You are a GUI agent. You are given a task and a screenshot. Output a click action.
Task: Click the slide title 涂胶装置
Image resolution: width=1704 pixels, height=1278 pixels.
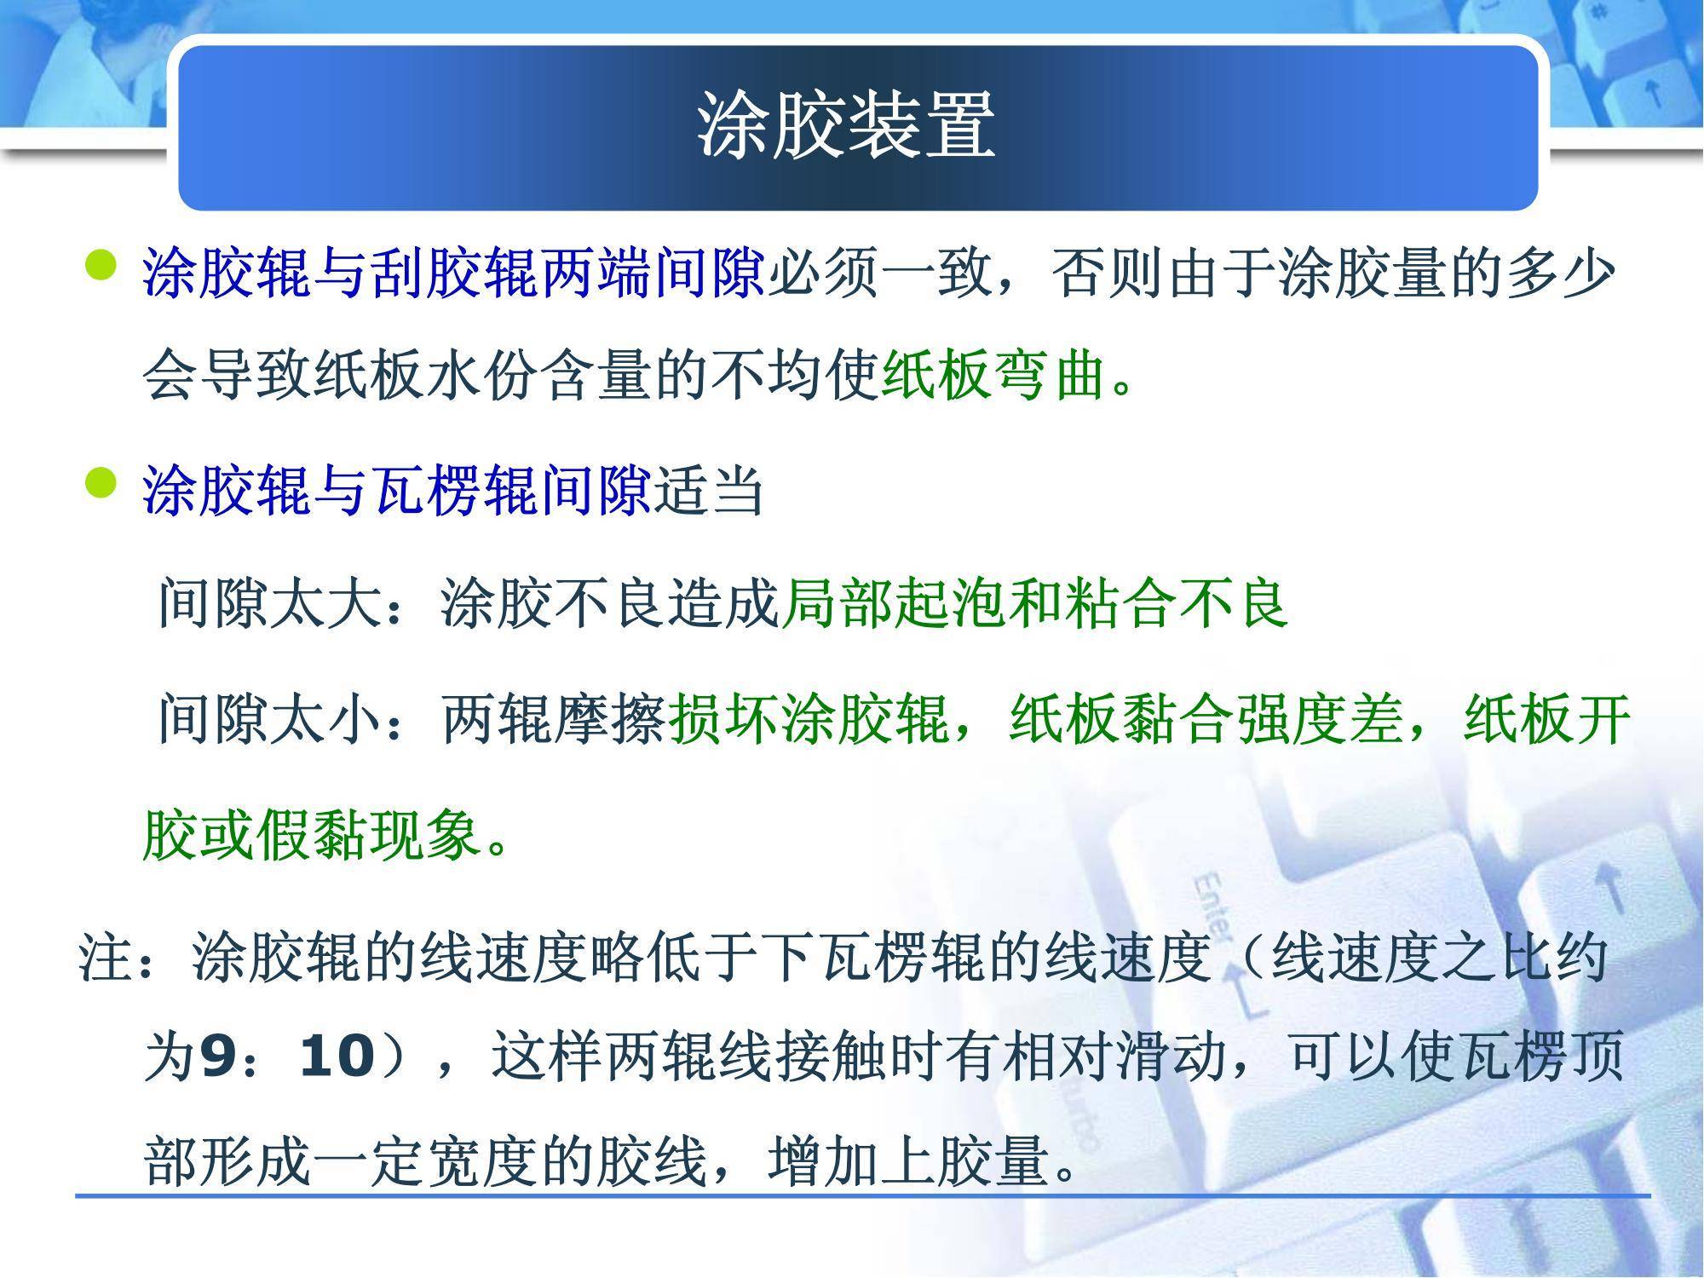pos(846,127)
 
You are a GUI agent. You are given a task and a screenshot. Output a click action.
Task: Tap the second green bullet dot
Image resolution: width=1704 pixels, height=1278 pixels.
pos(101,483)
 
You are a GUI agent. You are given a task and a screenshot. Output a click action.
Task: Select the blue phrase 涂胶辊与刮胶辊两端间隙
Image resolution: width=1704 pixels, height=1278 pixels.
pos(455,273)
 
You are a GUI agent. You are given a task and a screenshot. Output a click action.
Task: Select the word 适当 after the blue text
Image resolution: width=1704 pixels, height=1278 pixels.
pos(708,491)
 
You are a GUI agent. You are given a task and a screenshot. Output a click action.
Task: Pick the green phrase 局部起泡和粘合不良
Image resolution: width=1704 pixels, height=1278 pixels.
pos(1033,603)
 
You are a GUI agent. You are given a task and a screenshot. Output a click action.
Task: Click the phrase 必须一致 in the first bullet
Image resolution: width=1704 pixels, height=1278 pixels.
pos(879,273)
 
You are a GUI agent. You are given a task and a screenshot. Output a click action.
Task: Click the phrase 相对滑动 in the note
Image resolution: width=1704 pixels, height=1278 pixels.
pos(1114,1056)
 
